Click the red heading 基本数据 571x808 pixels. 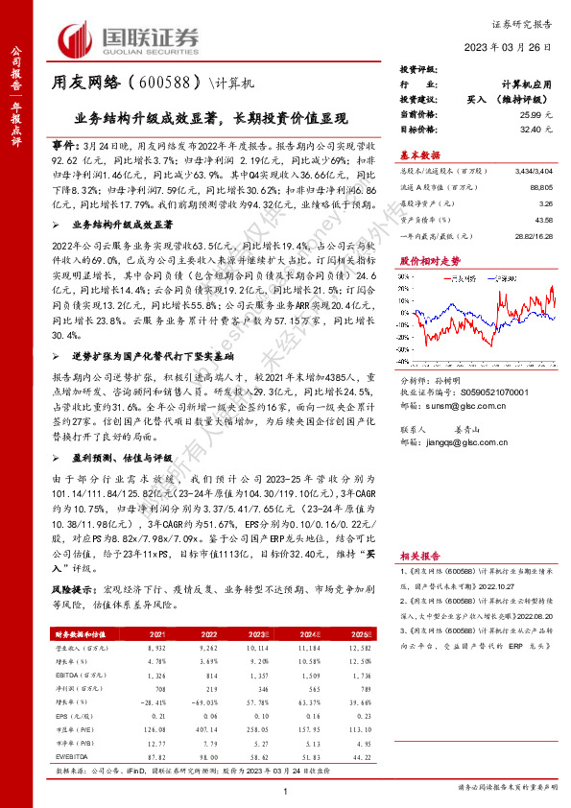[x=419, y=154]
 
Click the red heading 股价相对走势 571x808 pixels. [x=424, y=260]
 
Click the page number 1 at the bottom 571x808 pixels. [x=285, y=791]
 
